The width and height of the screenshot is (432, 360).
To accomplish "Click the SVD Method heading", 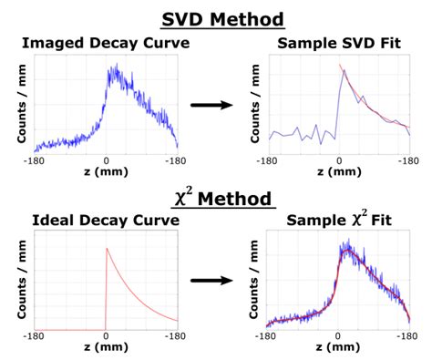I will (x=216, y=17).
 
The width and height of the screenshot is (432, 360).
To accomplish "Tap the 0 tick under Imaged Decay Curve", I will (x=106, y=159).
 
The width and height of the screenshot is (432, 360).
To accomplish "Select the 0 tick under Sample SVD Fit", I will (x=338, y=159).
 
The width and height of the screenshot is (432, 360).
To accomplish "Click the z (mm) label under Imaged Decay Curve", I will (x=106, y=170).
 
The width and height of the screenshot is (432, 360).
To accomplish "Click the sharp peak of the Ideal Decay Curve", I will (x=107, y=247).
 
